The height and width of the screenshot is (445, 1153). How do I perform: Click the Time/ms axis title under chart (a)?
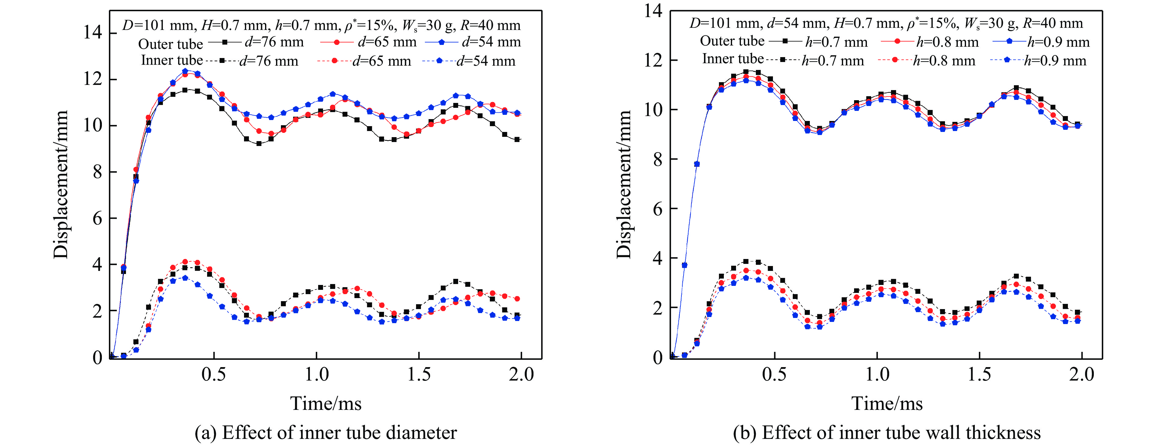[x=326, y=404]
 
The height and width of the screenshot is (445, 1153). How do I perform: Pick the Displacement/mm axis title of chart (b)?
[x=623, y=184]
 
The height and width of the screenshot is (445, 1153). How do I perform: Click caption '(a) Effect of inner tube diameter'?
[x=326, y=433]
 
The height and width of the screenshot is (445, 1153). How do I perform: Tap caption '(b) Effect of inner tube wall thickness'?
[x=887, y=433]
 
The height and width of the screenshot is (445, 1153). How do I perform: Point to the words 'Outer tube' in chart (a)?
[x=170, y=44]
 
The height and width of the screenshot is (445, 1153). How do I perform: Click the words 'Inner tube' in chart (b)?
[x=733, y=59]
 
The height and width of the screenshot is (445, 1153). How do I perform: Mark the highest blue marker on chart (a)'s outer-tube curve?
[x=185, y=71]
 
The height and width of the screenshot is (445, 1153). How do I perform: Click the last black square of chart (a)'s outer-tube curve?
[x=517, y=139]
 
